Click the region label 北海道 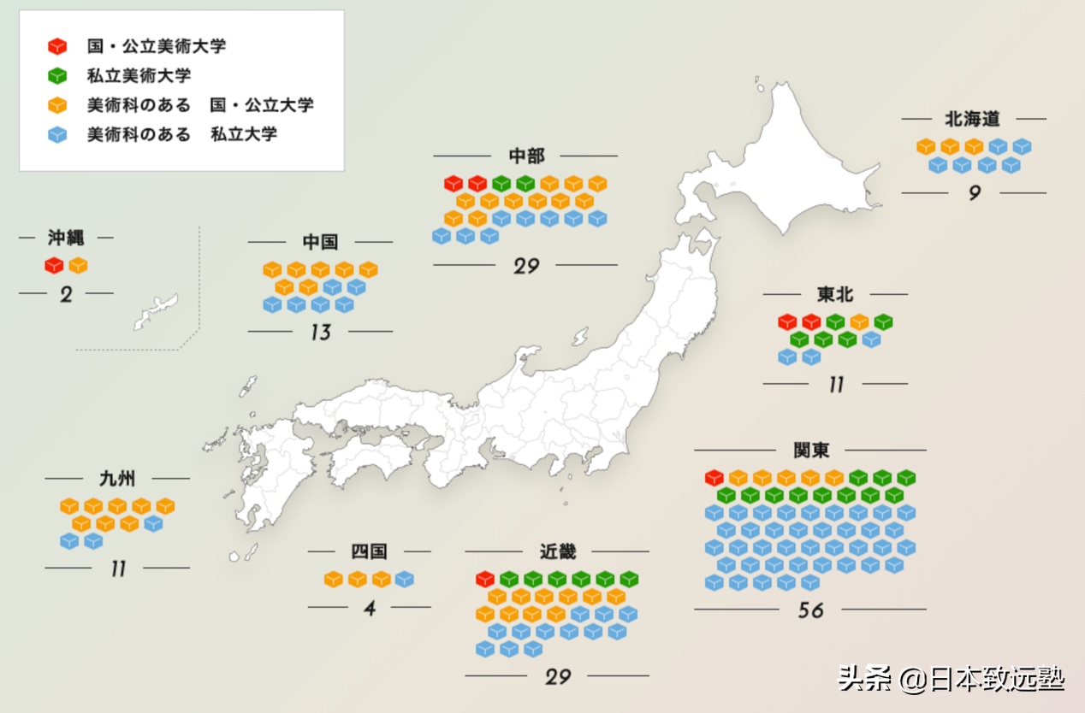pyautogui.click(x=973, y=119)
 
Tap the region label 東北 pyautogui.click(x=834, y=295)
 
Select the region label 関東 pyautogui.click(x=810, y=450)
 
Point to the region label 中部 pyautogui.click(x=525, y=156)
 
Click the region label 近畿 pyautogui.click(x=557, y=551)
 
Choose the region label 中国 pyautogui.click(x=320, y=242)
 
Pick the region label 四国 pyautogui.click(x=369, y=551)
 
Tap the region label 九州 pyautogui.click(x=117, y=479)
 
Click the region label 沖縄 pyautogui.click(x=66, y=237)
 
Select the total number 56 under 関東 pyautogui.click(x=809, y=610)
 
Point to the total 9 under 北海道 pyautogui.click(x=974, y=193)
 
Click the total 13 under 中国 pyautogui.click(x=320, y=332)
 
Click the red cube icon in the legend pyautogui.click(x=57, y=46)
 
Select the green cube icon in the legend pyautogui.click(x=57, y=76)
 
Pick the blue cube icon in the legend pyautogui.click(x=57, y=134)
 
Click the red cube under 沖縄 pyautogui.click(x=54, y=265)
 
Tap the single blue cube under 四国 pyautogui.click(x=405, y=579)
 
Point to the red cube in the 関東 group pyautogui.click(x=714, y=477)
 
